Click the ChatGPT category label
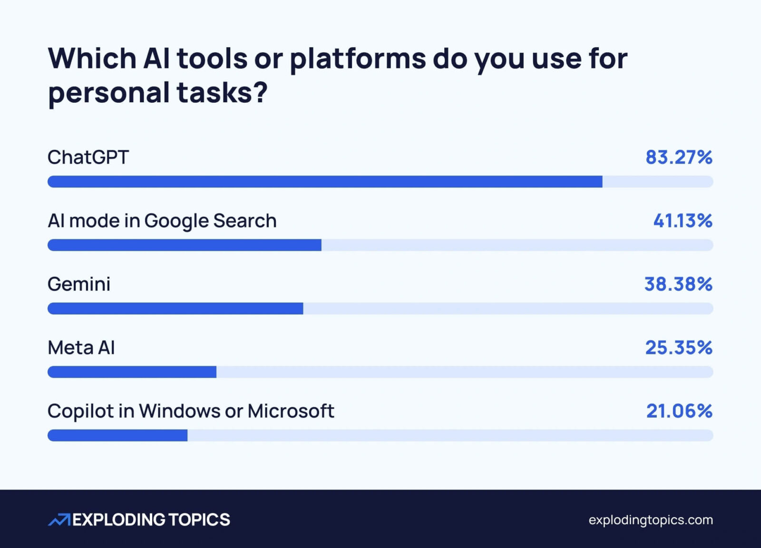[x=88, y=157]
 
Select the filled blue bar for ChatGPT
[x=325, y=182]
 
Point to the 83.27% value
[x=679, y=157]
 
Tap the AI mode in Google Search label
[x=162, y=221]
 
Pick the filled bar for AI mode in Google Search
[x=185, y=245]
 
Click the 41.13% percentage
[x=683, y=221]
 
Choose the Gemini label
[x=79, y=284]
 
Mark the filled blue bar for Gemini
[x=176, y=309]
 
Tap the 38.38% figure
[x=678, y=284]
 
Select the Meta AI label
[x=81, y=348]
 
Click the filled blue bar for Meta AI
[x=132, y=372]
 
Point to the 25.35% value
[x=679, y=348]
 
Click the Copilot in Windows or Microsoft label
[x=191, y=411]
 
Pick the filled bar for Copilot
[x=117, y=435]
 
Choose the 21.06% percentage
[x=679, y=411]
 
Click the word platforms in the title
[x=358, y=59]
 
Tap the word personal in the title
[x=109, y=93]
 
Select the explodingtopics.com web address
[x=651, y=520]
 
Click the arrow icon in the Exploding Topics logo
[x=59, y=520]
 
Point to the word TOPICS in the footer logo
[x=199, y=520]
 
